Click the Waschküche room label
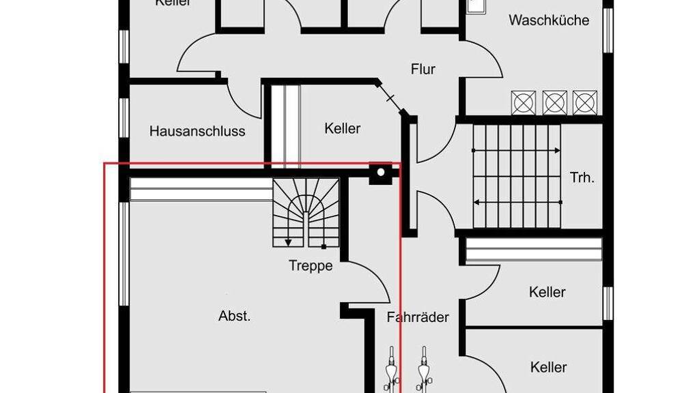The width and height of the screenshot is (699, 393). click(x=548, y=20)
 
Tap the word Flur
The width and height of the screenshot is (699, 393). click(x=423, y=69)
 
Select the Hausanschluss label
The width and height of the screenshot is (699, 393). click(x=197, y=131)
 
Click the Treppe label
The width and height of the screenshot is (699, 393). click(x=311, y=265)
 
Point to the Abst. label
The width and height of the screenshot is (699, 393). click(x=234, y=316)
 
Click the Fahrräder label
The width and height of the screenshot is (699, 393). click(x=417, y=317)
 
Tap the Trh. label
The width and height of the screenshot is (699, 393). click(x=582, y=178)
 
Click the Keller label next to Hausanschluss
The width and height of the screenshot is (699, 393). click(x=342, y=128)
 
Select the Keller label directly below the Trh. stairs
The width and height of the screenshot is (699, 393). click(x=547, y=292)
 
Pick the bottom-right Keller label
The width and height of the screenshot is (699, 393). click(x=548, y=367)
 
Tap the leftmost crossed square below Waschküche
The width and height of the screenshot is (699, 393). click(x=523, y=102)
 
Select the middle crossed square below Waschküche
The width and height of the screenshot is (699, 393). click(x=554, y=102)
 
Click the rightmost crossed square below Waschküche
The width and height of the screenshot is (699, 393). click(x=585, y=102)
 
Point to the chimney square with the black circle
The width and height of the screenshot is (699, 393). click(x=379, y=173)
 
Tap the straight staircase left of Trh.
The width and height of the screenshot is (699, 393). click(x=516, y=176)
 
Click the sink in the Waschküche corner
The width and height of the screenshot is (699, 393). click(x=476, y=5)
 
